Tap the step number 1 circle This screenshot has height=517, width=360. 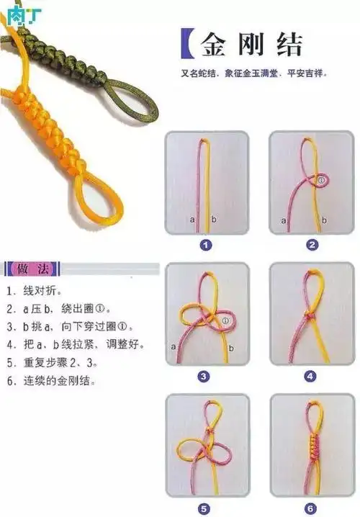(x=206, y=245)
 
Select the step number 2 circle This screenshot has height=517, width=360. (x=312, y=245)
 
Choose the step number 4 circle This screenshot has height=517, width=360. (x=310, y=376)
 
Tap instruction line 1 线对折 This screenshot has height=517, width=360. (x=35, y=292)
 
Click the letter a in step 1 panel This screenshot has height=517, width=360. (x=192, y=218)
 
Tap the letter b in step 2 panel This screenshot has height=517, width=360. (x=326, y=219)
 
